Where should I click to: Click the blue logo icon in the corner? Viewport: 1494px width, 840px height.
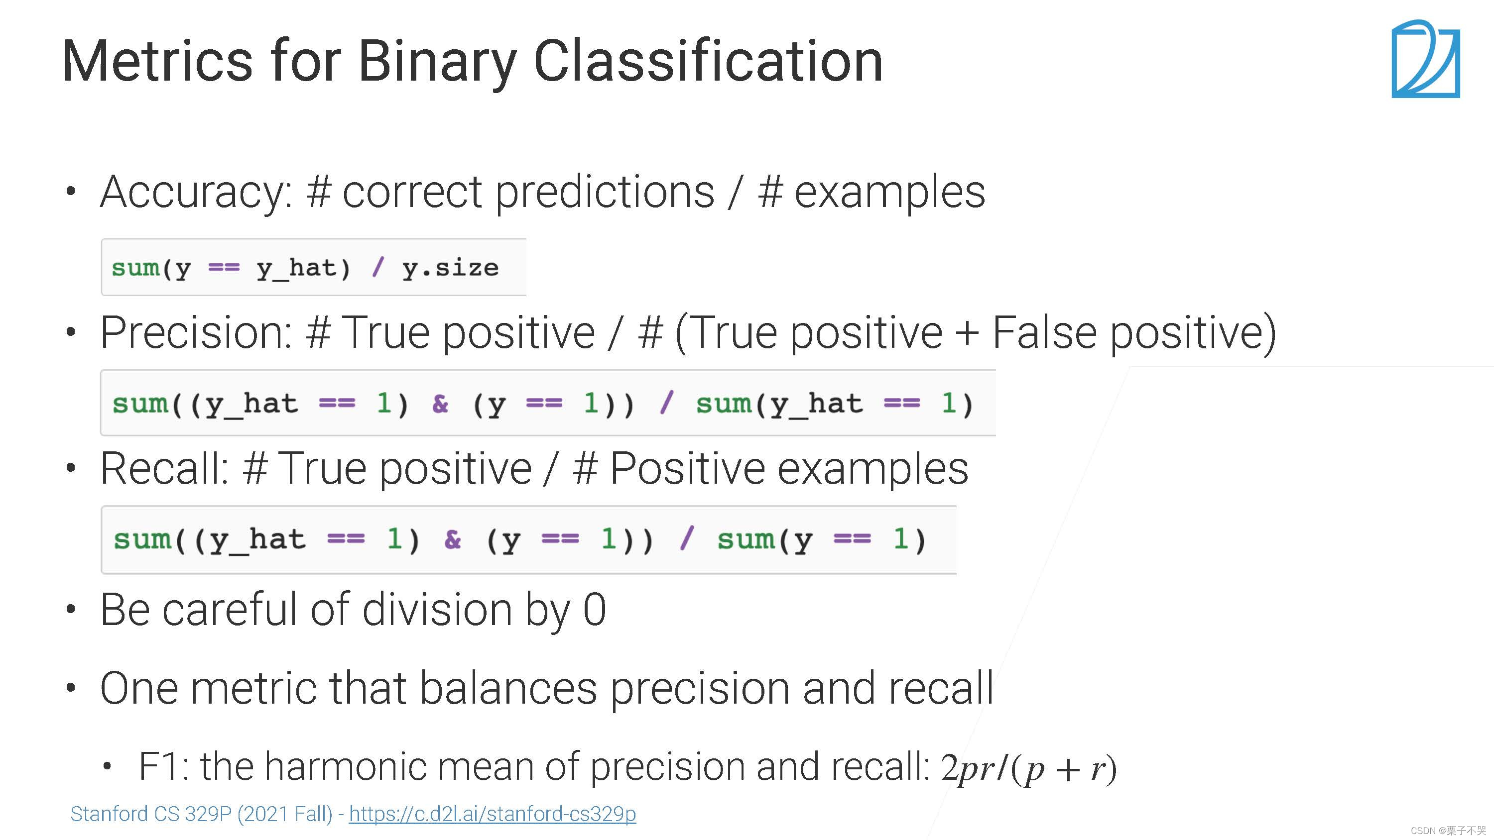pos(1426,59)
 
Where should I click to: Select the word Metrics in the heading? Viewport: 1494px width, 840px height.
pos(158,60)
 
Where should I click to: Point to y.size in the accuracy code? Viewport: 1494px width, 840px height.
pos(450,268)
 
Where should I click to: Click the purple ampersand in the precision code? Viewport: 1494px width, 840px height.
pos(440,404)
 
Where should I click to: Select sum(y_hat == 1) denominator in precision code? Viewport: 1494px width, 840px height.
pos(834,404)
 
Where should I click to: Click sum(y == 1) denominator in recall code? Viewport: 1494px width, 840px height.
pos(821,540)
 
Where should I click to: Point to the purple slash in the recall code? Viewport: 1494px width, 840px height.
pos(687,538)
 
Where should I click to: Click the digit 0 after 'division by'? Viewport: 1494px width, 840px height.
pos(595,610)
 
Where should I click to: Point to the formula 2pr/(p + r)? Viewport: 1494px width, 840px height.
pos(1028,769)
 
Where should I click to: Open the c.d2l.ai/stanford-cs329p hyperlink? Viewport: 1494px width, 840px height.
pos(493,815)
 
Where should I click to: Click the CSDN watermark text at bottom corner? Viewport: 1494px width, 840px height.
pos(1448,831)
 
